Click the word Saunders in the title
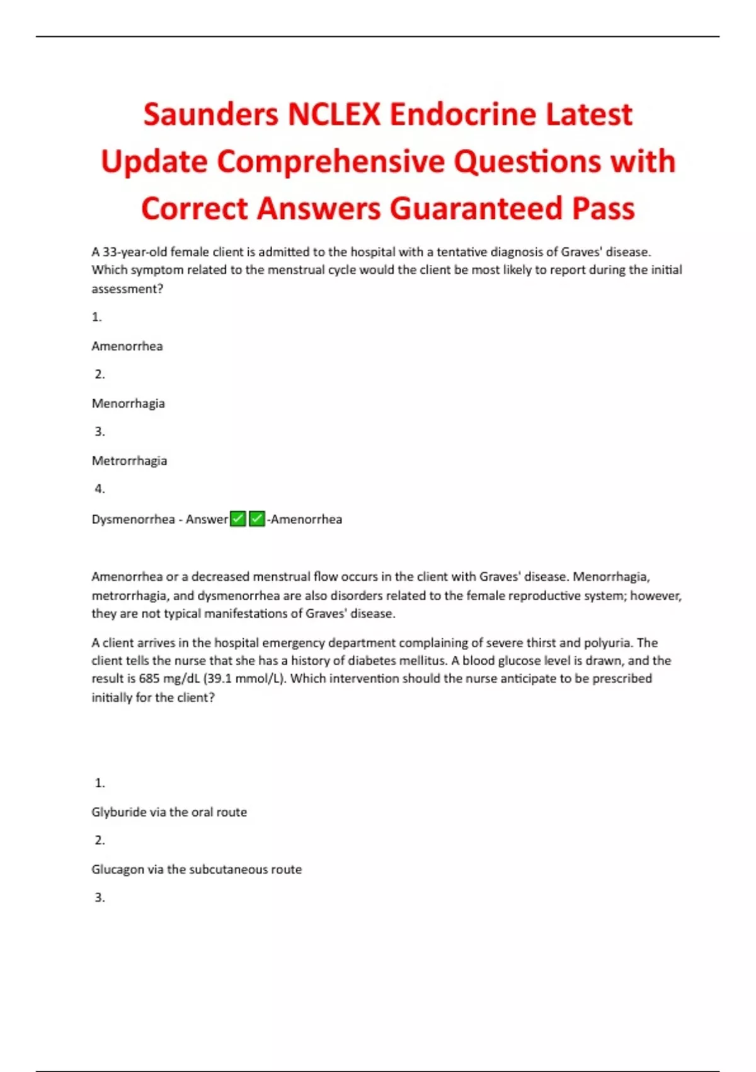210,115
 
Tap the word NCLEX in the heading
334,115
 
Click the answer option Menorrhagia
129,404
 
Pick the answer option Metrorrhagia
130,461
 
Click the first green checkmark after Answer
238,519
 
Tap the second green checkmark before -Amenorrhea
257,519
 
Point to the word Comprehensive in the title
331,162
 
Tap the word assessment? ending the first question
127,289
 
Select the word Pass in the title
603,209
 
